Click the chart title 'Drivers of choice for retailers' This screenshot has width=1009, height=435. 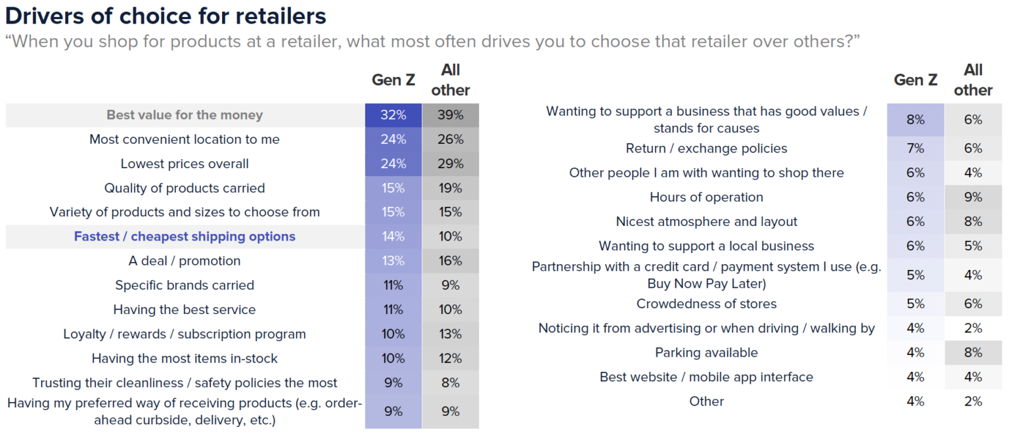tap(165, 15)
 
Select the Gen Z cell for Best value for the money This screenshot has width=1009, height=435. tap(393, 115)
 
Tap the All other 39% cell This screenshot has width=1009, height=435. tap(451, 115)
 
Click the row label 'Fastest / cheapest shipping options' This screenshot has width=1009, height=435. tap(185, 237)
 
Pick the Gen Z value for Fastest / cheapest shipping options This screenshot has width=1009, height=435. tap(393, 237)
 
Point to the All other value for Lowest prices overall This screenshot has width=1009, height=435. tap(451, 164)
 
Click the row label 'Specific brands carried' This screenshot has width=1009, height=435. tap(185, 285)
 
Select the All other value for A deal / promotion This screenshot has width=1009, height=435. tap(451, 261)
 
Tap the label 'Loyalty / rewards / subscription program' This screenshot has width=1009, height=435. tap(185, 334)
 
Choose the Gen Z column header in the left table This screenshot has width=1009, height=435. tap(393, 80)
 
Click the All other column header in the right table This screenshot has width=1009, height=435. tap(973, 80)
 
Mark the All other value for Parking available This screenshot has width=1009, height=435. tap(973, 353)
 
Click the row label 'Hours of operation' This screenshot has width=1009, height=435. tap(706, 197)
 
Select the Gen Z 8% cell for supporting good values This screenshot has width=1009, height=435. tap(915, 120)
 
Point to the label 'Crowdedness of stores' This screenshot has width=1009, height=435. tap(706, 304)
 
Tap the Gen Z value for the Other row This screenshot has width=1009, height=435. tap(915, 401)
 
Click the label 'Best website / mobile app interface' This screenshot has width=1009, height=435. tap(706, 377)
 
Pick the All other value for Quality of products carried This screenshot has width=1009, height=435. tap(451, 188)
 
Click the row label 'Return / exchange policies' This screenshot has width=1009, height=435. tap(706, 149)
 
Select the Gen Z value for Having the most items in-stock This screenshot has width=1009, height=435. tap(393, 358)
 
